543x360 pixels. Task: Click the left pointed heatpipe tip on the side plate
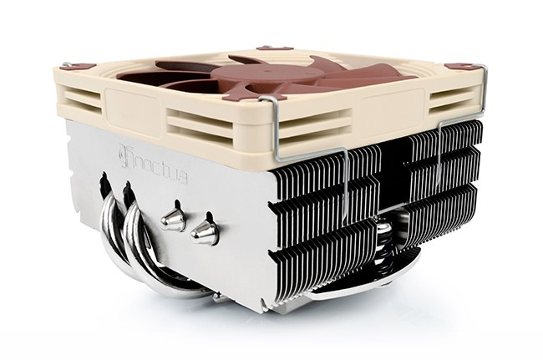click(x=172, y=219)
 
